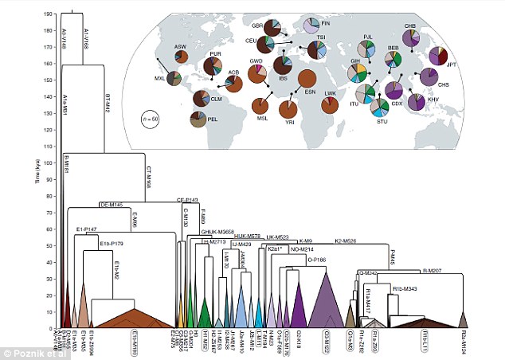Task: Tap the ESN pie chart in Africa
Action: [307, 81]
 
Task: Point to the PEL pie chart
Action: [198, 119]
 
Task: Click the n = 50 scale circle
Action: [151, 119]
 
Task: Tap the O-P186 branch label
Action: [316, 259]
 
